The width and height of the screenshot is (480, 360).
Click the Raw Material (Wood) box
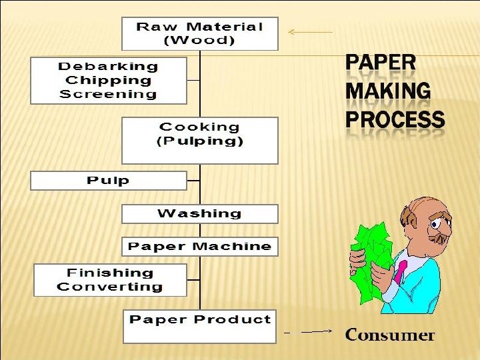pos(200,33)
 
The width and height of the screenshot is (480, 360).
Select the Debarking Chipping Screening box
pos(109,80)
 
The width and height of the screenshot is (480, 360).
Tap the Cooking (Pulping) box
pos(200,140)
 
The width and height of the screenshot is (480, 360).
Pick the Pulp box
pos(109,181)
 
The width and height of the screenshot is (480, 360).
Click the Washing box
pos(200,214)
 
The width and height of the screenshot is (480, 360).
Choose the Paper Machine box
pos(200,247)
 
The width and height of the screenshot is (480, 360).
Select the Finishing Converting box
pos(110,280)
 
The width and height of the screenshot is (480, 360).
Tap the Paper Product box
pos(200,326)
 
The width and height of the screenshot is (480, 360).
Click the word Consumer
pos(389,335)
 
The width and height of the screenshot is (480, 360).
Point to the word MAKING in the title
pos(387,91)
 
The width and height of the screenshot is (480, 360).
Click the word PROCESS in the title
pos(394,120)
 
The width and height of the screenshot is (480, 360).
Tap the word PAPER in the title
pos(380,64)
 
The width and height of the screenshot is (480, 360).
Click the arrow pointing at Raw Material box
pos(309,31)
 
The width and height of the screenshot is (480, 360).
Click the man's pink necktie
pos(401,272)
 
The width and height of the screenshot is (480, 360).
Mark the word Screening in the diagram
pos(109,94)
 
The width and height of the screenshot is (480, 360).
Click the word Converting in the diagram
pos(110,287)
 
